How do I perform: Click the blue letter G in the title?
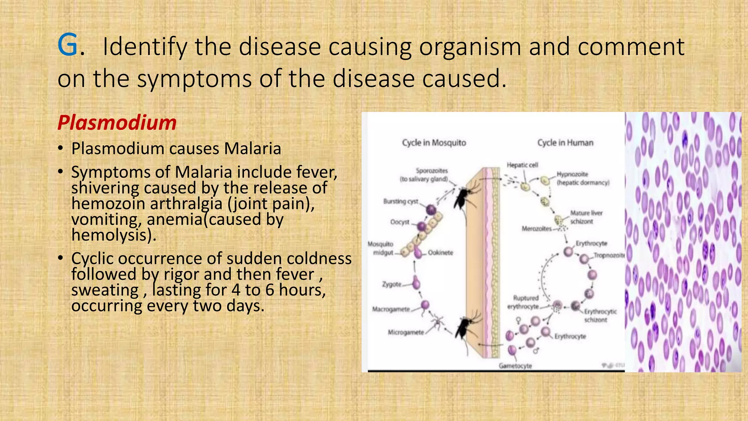tap(68, 45)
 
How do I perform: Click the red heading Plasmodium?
tap(117, 123)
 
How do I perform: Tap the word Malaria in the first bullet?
tap(253, 149)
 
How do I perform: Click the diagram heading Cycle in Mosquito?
tap(434, 143)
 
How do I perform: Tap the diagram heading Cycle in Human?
tap(565, 143)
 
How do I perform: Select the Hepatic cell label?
tap(522, 165)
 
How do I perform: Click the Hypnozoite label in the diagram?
tap(572, 174)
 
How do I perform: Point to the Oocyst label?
tap(400, 222)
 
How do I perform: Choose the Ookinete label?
tap(440, 253)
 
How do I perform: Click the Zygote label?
tap(392, 284)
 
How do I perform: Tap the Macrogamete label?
tap(391, 310)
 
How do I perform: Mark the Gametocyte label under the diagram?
tap(515, 366)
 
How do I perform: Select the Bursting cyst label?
tap(401, 201)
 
